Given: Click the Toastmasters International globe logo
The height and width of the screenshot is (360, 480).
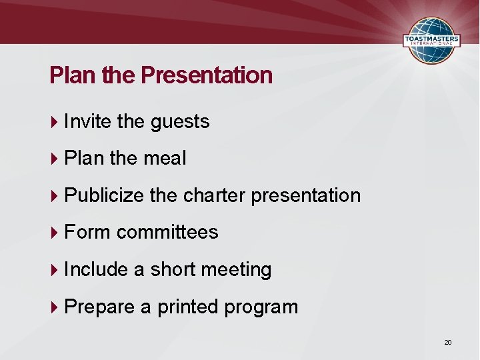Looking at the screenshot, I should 431,40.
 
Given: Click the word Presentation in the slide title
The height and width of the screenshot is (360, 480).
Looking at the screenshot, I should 207,75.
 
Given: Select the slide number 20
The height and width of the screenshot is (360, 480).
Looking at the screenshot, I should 448,342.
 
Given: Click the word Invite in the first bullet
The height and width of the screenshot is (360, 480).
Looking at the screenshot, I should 88,121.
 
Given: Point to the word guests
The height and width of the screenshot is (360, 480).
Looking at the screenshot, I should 180,121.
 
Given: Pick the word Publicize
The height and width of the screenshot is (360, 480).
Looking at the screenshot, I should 105,195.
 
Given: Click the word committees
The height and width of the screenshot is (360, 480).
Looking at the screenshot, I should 167,232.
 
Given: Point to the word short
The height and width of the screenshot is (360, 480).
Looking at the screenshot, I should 173,269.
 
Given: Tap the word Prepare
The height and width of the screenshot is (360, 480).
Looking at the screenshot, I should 100,307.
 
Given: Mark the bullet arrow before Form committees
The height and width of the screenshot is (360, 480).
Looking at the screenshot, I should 55,233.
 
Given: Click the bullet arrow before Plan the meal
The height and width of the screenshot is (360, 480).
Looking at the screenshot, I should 55,159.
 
